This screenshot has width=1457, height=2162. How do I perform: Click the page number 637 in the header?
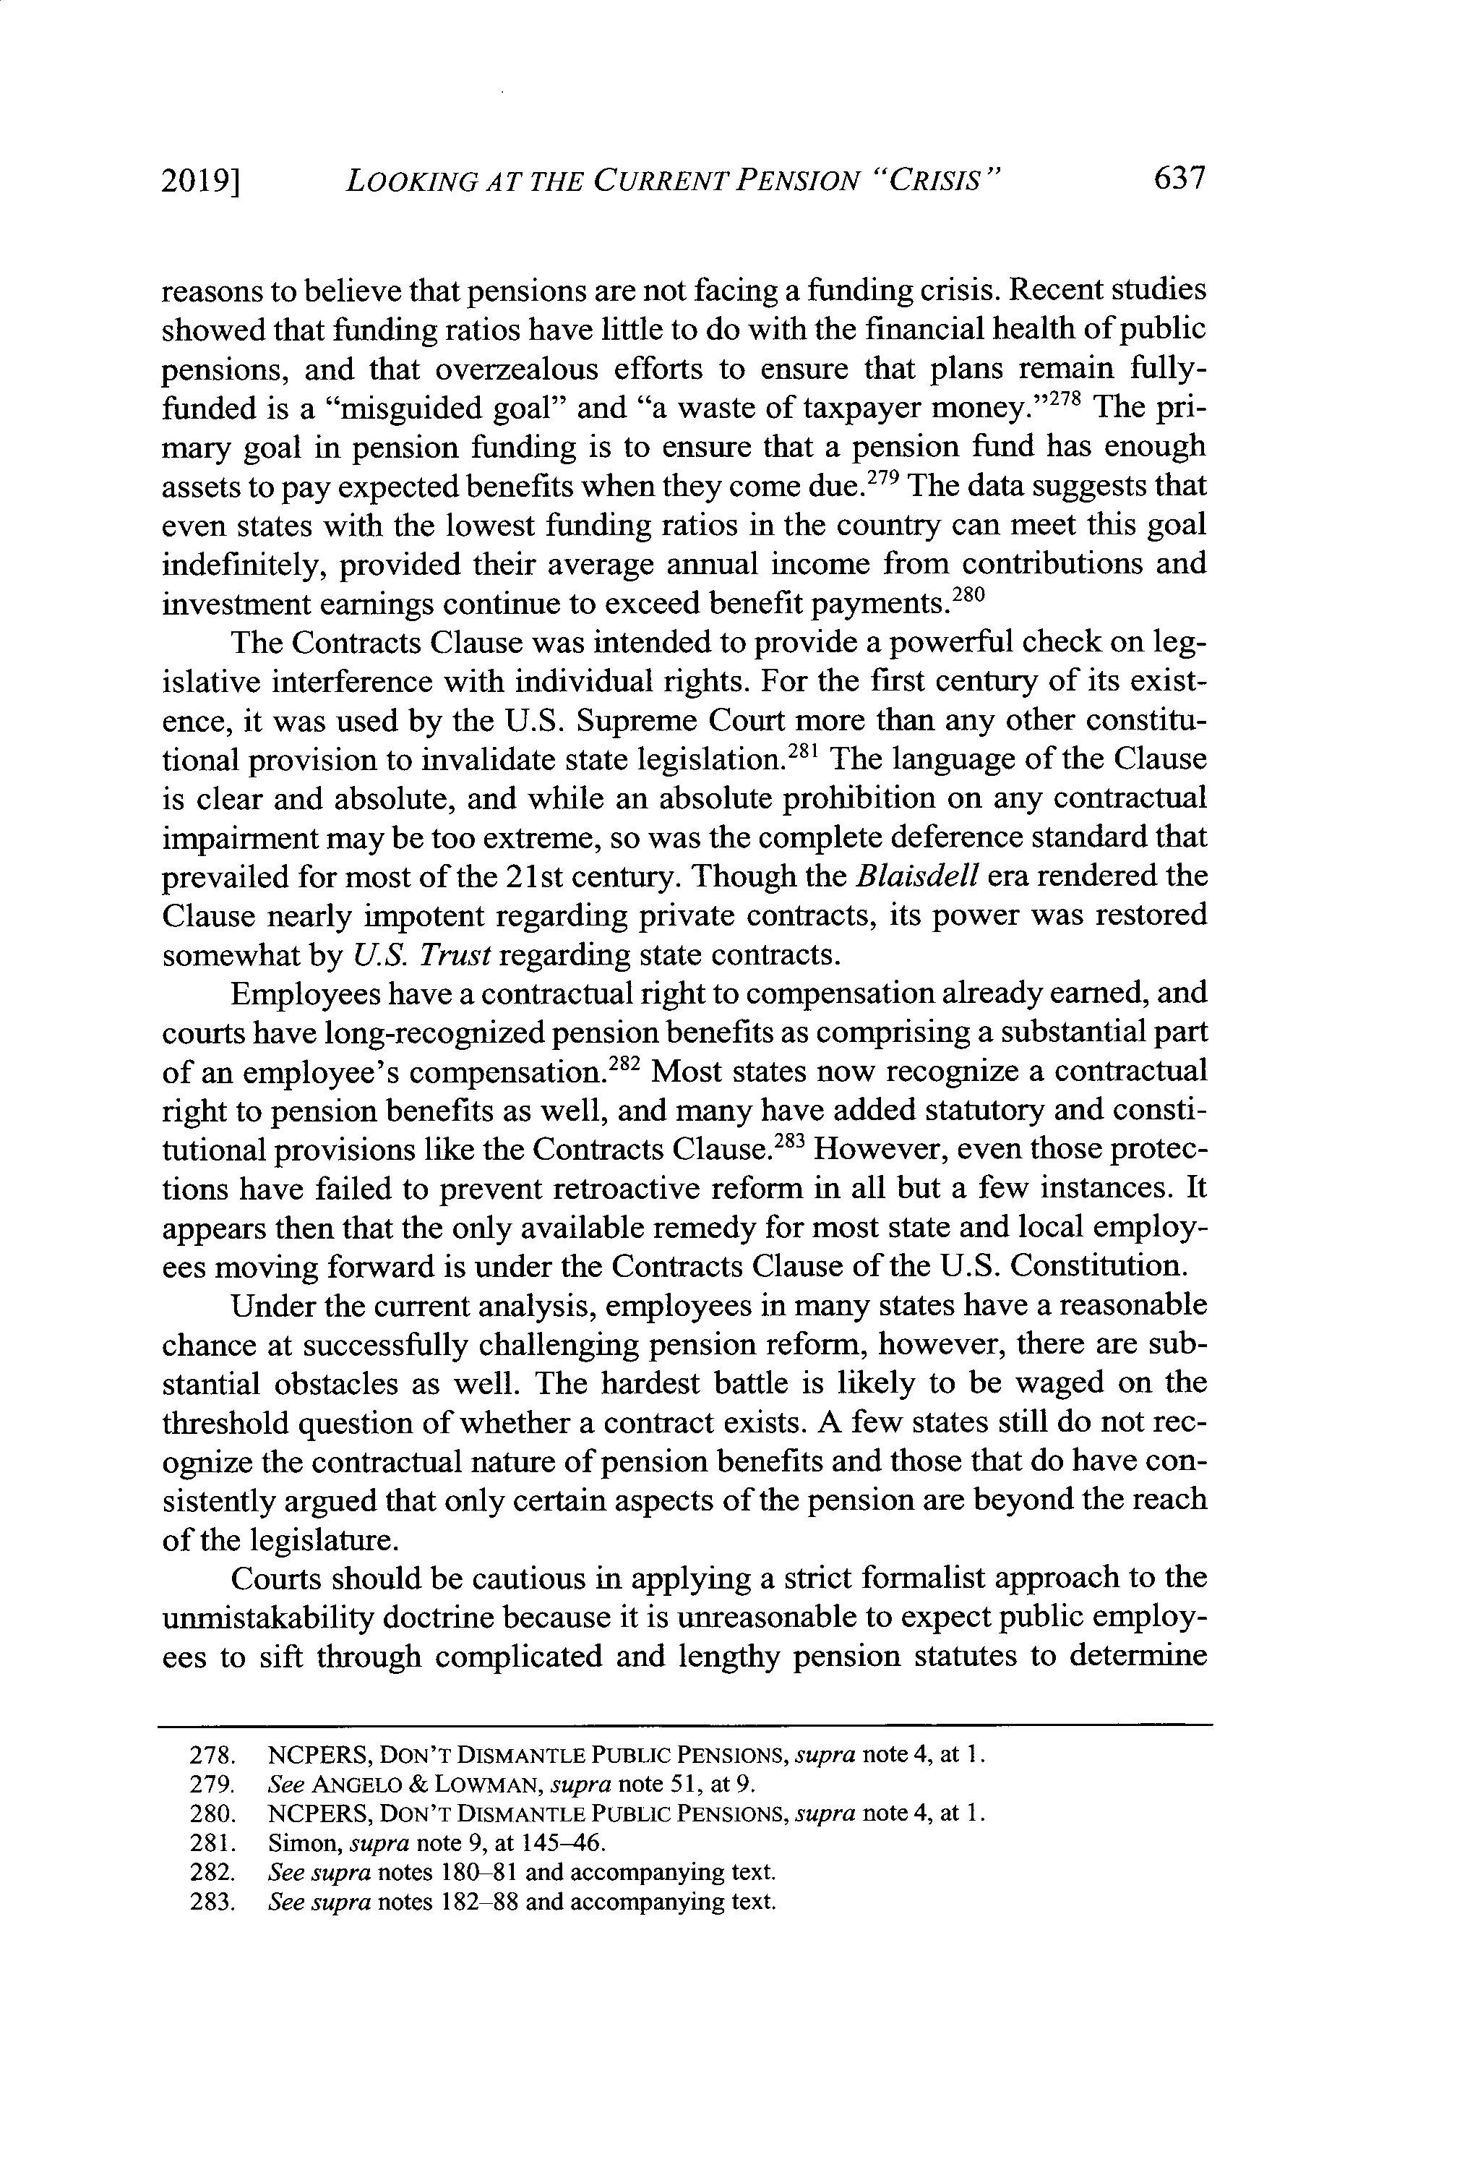[x=1177, y=178]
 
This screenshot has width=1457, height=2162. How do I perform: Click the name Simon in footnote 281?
[x=292, y=1842]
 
